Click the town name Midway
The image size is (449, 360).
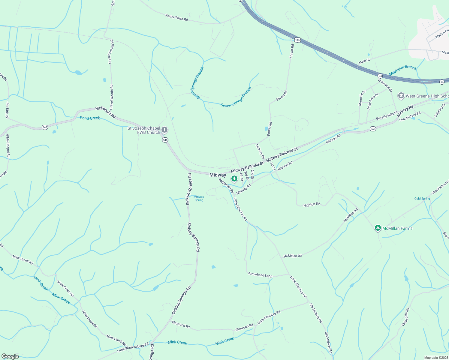tap(218, 175)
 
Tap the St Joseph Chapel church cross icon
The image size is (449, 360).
tap(164, 130)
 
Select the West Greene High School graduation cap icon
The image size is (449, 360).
tap(401, 96)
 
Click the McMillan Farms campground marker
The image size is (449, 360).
tap(378, 228)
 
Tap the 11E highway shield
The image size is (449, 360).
tap(297, 40)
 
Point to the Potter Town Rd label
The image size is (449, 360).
tap(176, 17)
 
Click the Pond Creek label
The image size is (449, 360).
tap(90, 118)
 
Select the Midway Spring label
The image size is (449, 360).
tap(199, 199)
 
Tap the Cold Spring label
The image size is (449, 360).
tap(422, 199)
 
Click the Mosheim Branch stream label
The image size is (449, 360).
tap(403, 70)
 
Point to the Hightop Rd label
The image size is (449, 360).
tap(312, 205)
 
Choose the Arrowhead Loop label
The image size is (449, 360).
tap(260, 275)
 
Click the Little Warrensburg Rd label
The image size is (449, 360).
tap(133, 348)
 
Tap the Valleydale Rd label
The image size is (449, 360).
tap(405, 317)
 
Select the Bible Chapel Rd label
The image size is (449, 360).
tap(8, 146)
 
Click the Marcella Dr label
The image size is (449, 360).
tap(362, 98)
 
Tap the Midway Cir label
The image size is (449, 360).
tap(260, 151)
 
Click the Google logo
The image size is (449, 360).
tap(10, 356)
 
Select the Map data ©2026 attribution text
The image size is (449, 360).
tap(436, 358)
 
